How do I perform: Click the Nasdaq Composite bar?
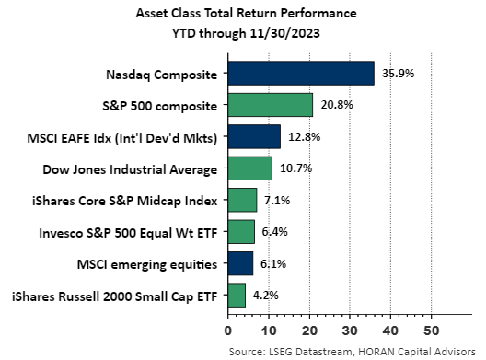pos(300,74)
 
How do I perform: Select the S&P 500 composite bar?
pos(270,105)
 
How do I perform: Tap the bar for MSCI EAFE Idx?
pos(253,137)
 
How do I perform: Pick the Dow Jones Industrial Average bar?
pos(249,168)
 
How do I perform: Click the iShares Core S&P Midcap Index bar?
pos(242,200)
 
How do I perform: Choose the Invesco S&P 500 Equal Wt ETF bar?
pos(240,231)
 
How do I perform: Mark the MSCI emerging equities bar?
pos(239,263)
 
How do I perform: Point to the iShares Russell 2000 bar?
pos(236,295)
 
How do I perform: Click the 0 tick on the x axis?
pos(227,328)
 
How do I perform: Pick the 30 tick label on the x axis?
pos(350,328)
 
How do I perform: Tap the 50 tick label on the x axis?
pos(431,328)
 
